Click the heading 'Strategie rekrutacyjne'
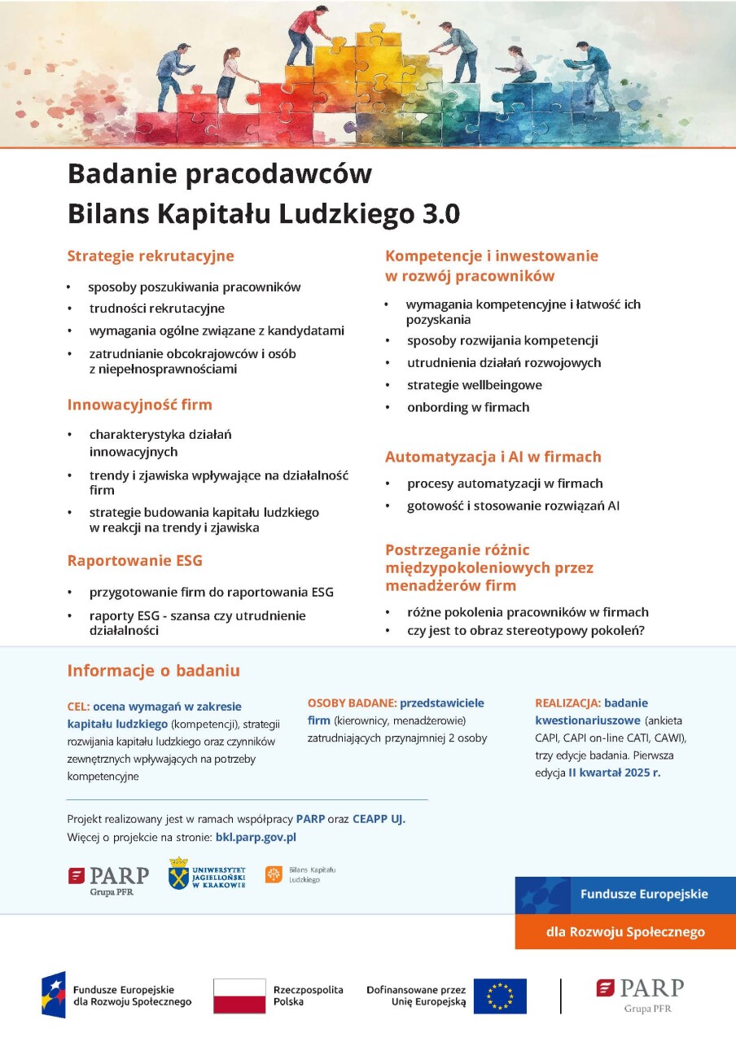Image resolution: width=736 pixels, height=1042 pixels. point(151,256)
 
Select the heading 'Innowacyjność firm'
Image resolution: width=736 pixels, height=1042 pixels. point(139,405)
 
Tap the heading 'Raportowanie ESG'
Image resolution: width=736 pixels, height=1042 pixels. point(134,560)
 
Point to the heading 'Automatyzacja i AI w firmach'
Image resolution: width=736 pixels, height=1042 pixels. point(493,457)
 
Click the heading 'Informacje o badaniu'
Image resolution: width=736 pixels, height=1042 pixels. point(153,671)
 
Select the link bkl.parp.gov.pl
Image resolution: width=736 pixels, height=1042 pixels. point(256,836)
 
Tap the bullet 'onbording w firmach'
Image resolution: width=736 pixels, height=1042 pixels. point(468,407)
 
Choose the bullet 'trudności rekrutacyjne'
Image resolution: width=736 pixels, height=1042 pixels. point(156,309)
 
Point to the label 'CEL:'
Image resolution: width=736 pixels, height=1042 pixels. point(78,707)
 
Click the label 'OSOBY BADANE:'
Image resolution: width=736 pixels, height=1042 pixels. point(352,703)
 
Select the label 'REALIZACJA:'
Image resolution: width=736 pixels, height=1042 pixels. point(567,703)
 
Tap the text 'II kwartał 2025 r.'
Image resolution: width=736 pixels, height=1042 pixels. point(615,773)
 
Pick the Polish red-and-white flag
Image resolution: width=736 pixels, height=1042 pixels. point(239,996)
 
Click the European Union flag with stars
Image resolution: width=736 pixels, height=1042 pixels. point(500,996)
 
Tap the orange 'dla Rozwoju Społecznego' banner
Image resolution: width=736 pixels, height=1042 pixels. point(625,932)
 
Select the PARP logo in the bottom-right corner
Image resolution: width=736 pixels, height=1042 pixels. point(640,993)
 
